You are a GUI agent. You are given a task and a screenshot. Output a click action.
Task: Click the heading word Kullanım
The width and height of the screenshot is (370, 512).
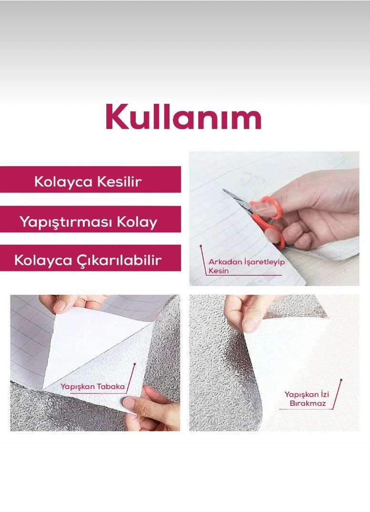click(x=183, y=117)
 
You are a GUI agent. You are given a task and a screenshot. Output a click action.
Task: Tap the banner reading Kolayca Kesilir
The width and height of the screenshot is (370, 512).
click(x=90, y=179)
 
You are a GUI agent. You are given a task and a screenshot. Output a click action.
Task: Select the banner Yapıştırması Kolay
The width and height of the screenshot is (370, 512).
click(x=90, y=219)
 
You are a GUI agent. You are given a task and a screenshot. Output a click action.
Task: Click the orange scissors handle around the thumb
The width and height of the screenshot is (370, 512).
click(x=267, y=207)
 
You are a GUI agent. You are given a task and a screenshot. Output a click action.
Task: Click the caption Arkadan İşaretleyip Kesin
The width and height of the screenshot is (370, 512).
click(x=247, y=266)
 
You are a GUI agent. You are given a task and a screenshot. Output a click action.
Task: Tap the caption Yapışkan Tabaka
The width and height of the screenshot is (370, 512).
click(x=92, y=387)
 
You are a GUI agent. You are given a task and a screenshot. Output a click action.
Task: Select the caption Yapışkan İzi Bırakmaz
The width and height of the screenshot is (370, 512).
click(x=307, y=399)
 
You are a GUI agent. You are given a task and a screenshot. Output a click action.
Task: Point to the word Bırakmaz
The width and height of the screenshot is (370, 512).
click(x=308, y=403)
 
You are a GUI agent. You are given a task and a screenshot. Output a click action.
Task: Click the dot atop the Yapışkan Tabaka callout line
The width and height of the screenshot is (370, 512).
click(x=135, y=363)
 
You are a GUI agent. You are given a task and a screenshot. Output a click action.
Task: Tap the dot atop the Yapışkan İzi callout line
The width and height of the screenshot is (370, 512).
click(x=341, y=380)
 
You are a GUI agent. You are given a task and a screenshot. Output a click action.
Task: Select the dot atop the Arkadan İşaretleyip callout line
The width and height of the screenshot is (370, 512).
click(x=201, y=246)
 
